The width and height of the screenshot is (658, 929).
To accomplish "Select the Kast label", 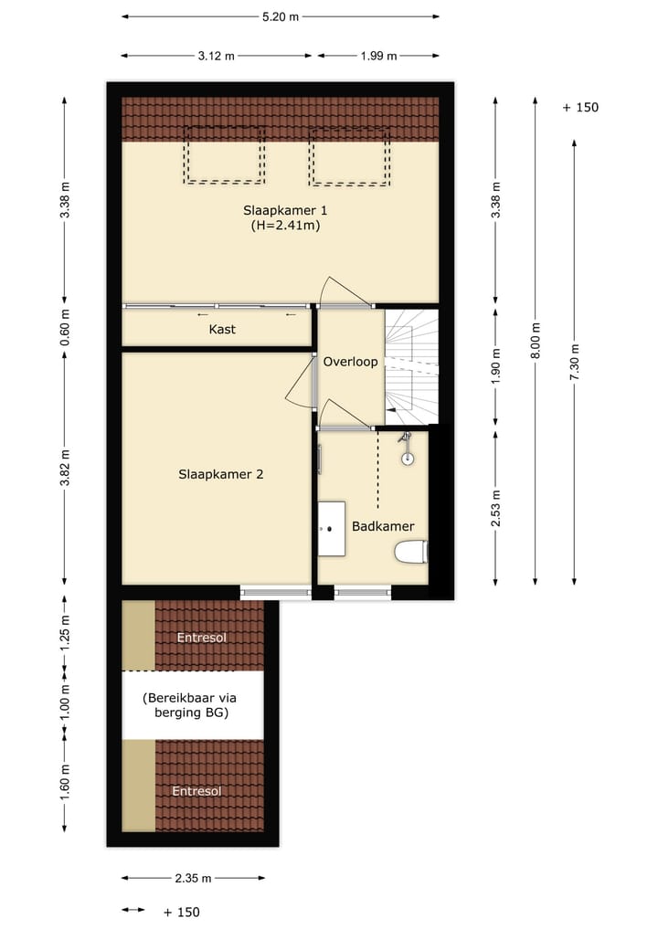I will tap(222, 329).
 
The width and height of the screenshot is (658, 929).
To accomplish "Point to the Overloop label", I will tap(350, 362).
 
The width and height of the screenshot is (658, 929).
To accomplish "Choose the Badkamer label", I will tap(383, 526).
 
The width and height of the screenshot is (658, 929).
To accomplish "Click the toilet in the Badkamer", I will tap(410, 552).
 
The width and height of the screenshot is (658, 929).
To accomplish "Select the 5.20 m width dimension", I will tap(281, 16).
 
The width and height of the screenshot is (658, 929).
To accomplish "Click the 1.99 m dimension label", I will tap(377, 56).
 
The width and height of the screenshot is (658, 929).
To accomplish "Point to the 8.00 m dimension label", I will tap(536, 340).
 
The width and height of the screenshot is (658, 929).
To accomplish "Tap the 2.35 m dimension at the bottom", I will tap(193, 879).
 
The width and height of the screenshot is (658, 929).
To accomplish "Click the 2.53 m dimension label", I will tap(495, 507).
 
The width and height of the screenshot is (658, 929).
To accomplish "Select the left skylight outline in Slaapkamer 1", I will tap(224, 155).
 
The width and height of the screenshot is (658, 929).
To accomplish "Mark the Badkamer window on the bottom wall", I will tap(363, 593).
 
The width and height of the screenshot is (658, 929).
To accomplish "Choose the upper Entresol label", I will tap(203, 638).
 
